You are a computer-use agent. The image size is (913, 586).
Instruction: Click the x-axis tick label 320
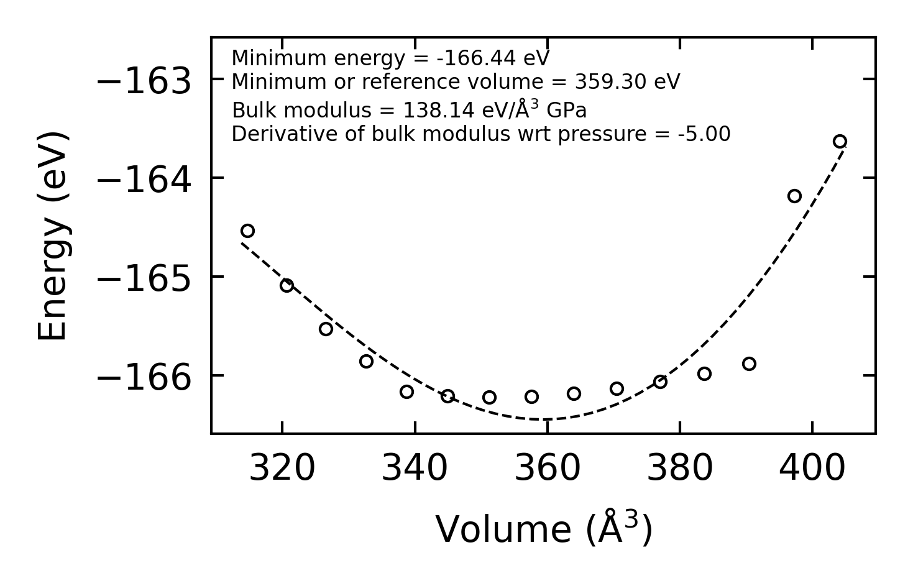(x=282, y=469)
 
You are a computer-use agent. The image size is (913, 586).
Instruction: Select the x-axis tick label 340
(x=415, y=469)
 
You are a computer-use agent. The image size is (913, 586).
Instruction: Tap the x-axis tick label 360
(x=548, y=469)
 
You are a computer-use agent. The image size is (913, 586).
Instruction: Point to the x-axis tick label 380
(x=680, y=469)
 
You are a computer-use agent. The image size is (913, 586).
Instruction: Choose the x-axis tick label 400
(x=812, y=469)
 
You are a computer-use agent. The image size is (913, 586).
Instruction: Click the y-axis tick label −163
(x=144, y=81)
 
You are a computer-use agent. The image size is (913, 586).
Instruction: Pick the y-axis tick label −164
(x=144, y=180)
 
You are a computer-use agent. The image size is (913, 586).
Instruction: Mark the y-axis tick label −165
(x=144, y=279)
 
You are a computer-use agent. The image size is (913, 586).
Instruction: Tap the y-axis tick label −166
(x=144, y=378)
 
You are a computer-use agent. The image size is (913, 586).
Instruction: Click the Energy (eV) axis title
(x=52, y=236)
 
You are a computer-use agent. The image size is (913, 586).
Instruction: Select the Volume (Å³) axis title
(x=544, y=529)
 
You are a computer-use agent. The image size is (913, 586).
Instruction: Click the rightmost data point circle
(x=840, y=141)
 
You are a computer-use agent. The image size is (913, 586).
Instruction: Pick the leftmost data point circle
(x=247, y=231)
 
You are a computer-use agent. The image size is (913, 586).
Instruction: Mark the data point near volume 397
(x=794, y=196)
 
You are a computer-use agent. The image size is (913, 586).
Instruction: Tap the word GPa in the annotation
(x=566, y=111)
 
